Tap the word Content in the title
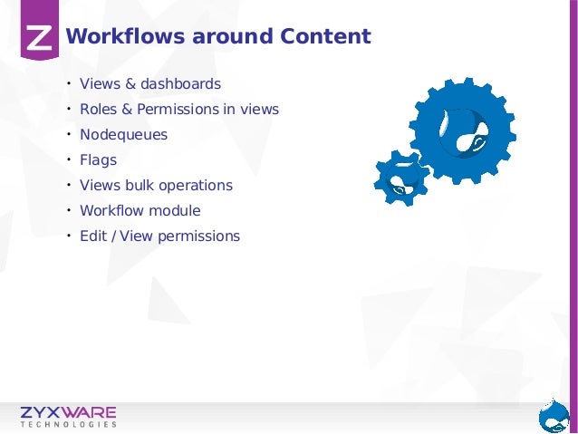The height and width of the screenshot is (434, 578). [x=324, y=37]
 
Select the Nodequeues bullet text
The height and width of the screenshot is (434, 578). [x=123, y=135]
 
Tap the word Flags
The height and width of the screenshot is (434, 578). [x=98, y=160]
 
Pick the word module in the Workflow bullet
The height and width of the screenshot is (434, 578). [x=178, y=211]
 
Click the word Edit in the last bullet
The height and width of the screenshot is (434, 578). [x=92, y=236]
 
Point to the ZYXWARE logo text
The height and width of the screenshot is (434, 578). [x=69, y=412]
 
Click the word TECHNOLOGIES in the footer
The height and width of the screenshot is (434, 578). [x=69, y=424]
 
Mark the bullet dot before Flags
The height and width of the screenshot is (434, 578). [x=67, y=160]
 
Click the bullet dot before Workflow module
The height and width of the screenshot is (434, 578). [x=67, y=211]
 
